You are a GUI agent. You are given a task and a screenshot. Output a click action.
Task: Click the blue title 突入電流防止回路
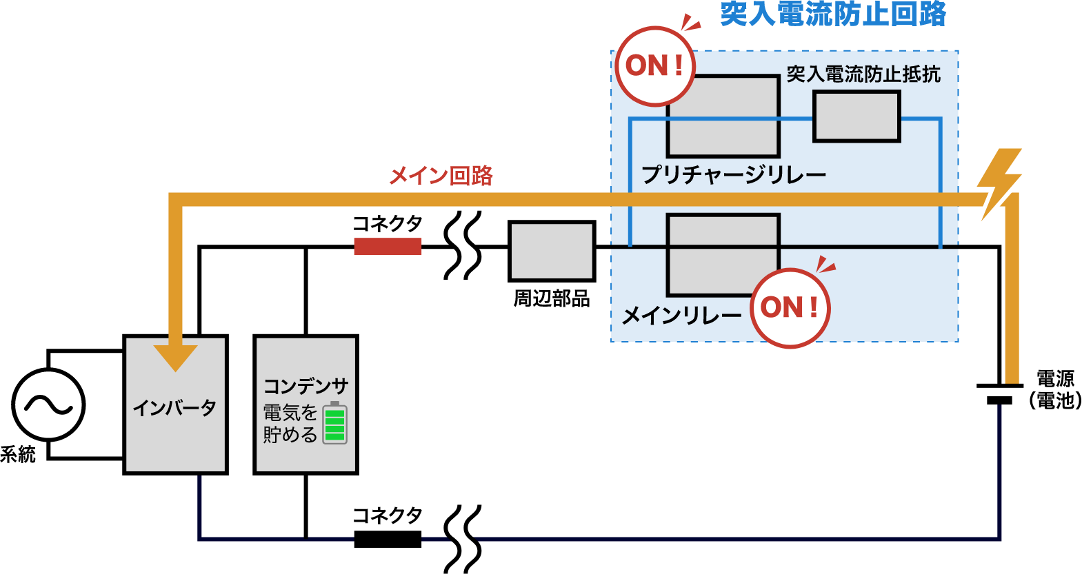pyautogui.click(x=832, y=14)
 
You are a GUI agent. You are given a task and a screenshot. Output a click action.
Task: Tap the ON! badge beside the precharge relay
pyautogui.click(x=654, y=66)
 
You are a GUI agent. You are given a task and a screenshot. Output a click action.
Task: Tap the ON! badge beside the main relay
pyautogui.click(x=790, y=307)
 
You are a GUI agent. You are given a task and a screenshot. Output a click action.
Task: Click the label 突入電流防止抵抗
pyautogui.click(x=863, y=74)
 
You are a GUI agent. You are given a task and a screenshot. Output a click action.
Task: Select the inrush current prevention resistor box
pyautogui.click(x=856, y=116)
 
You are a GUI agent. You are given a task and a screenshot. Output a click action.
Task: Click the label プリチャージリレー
pyautogui.click(x=733, y=174)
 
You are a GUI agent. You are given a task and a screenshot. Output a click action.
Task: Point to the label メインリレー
pyautogui.click(x=681, y=316)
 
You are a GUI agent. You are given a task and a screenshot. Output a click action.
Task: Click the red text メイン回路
pyautogui.click(x=441, y=176)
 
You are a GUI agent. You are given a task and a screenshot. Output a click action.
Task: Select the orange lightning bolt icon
pyautogui.click(x=1000, y=183)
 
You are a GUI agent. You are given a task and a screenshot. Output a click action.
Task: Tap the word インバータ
pyautogui.click(x=174, y=408)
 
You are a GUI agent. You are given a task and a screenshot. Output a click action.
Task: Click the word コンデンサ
pyautogui.click(x=305, y=386)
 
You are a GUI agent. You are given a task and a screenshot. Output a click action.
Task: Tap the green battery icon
pyautogui.click(x=334, y=423)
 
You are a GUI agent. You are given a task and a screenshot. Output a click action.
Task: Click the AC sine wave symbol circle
pyautogui.click(x=48, y=404)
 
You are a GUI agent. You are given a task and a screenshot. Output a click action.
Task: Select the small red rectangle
pyautogui.click(x=388, y=247)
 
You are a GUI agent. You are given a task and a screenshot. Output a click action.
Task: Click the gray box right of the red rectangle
pyautogui.click(x=552, y=251)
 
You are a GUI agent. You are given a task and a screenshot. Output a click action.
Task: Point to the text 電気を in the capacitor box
pyautogui.click(x=290, y=413)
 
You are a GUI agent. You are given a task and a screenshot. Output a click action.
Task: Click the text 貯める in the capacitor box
pyautogui.click(x=290, y=435)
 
